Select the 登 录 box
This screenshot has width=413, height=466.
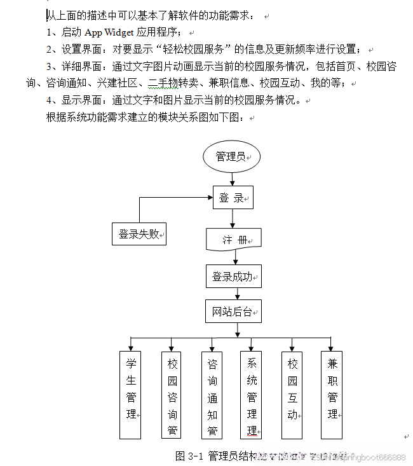tap(232, 198)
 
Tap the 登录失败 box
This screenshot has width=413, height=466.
tap(139, 234)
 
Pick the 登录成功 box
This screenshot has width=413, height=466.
tap(233, 277)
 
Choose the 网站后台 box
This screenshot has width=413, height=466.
tap(233, 312)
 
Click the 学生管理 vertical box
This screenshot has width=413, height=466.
tap(130, 394)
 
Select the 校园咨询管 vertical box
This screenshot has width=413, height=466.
tap(172, 394)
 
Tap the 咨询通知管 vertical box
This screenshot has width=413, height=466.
tap(212, 394)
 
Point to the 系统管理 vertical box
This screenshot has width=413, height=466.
tap(252, 394)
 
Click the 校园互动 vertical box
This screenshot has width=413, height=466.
tap(292, 394)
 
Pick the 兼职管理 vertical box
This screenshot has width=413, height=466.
tap(332, 394)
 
